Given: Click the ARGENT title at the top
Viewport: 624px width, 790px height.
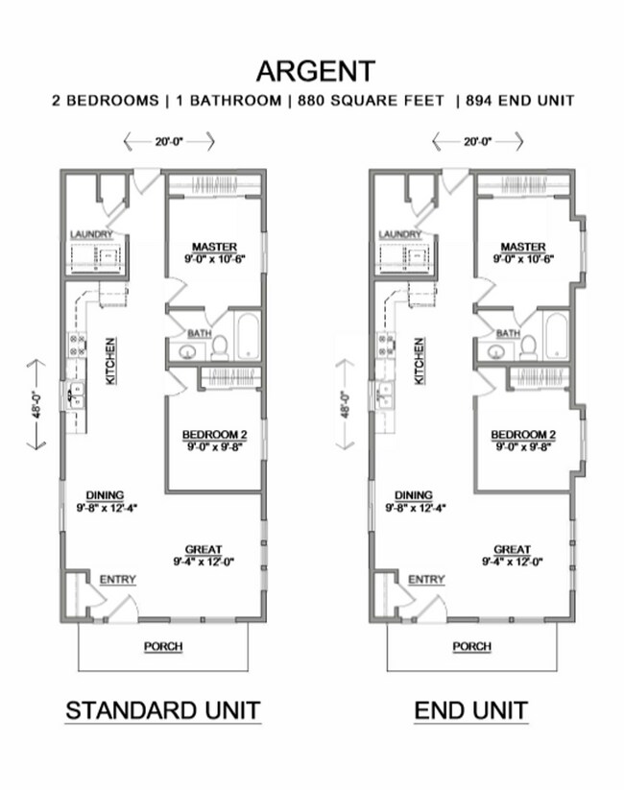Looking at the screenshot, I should pos(315,72).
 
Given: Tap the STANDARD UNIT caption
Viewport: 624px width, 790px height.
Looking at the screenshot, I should pos(162,711).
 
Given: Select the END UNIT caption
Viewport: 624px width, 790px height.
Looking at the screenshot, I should pos(470,711).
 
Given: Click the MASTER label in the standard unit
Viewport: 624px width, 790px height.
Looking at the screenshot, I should pos(213,247).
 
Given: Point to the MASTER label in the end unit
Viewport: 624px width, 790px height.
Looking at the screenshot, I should pos(522,247).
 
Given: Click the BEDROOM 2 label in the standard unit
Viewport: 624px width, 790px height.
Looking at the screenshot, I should pos(213,435).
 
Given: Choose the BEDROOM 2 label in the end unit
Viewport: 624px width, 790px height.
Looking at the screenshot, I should pos(522,435).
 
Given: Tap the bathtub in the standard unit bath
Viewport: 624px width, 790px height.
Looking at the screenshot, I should pos(247,336).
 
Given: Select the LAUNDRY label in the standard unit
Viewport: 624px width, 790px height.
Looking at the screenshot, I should pos(92,234).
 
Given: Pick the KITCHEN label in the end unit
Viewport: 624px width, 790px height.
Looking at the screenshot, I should pos(419,361).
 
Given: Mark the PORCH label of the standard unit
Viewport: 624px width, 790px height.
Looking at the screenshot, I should pos(163,646).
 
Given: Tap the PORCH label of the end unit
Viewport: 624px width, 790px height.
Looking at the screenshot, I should pos(472,646).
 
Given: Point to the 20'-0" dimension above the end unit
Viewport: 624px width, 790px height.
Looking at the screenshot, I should pos(477,141).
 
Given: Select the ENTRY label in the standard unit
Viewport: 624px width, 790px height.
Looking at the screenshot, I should pos(118,579).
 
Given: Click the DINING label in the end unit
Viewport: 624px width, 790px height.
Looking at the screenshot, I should pos(413,495).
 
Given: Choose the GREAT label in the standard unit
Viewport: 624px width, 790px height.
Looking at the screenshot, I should pos(204,550).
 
